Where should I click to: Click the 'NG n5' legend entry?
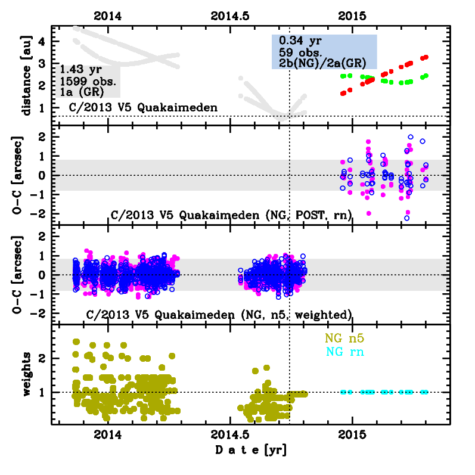pyautogui.click(x=344, y=338)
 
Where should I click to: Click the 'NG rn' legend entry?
pyautogui.click(x=344, y=352)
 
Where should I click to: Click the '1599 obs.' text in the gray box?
pyautogui.click(x=88, y=81)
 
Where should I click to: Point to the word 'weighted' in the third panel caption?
pyautogui.click(x=324, y=314)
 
